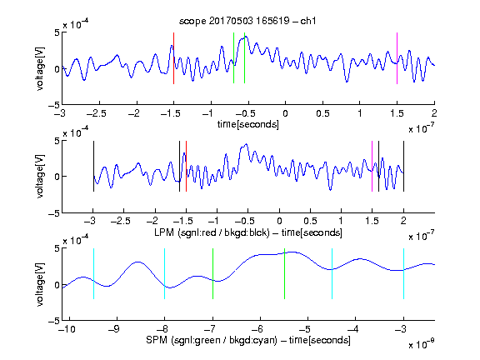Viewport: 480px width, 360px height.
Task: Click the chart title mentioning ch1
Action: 247,21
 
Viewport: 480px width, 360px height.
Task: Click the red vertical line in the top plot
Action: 173,58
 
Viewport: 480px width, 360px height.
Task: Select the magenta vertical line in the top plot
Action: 397,58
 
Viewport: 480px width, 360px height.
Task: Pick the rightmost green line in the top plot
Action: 244,57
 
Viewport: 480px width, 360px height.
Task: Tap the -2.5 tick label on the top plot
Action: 97,113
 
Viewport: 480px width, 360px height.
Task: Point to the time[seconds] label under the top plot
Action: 248,124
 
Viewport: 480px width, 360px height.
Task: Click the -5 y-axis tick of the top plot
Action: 54,105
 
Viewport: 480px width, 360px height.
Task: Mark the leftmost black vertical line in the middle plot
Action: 93,166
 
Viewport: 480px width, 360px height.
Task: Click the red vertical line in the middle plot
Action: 186,166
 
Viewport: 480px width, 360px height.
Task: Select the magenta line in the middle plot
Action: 372,166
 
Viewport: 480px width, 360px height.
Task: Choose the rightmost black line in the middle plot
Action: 403,166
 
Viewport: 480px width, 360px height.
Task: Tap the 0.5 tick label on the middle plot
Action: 310,221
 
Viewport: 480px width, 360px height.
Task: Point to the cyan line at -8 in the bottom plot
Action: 164,273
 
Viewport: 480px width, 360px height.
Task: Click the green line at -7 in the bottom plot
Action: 212,273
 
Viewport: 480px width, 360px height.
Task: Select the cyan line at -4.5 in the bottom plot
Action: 332,273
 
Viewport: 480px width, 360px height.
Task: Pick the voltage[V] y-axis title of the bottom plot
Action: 40,284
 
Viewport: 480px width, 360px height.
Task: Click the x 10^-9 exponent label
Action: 421,344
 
